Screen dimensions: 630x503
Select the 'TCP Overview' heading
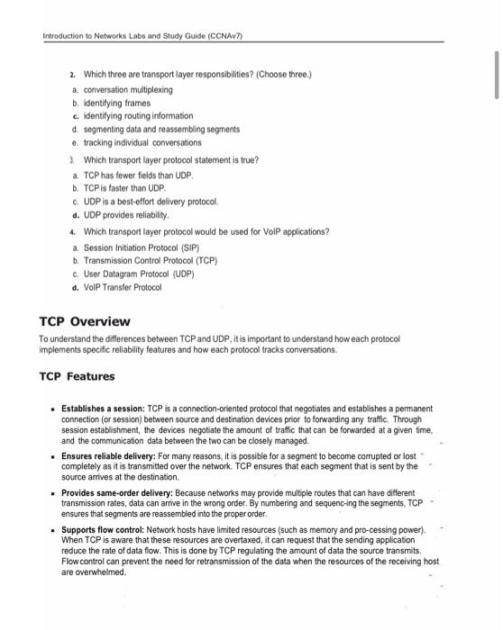click(86, 321)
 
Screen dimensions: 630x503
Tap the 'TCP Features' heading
click(78, 376)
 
